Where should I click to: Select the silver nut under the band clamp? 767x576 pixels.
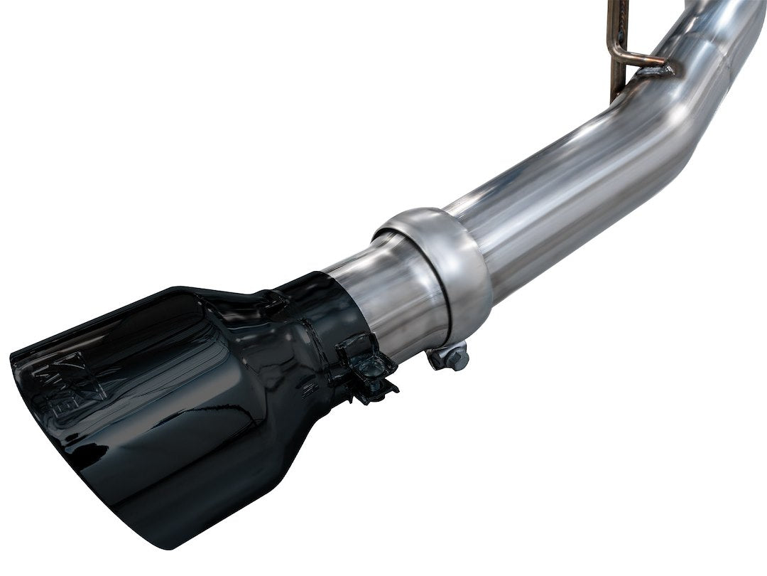[x=454, y=358]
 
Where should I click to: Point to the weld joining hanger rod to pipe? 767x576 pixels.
[x=657, y=70]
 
